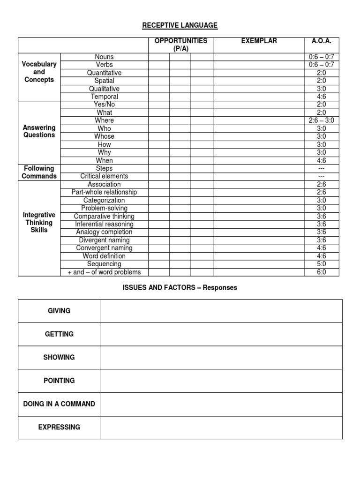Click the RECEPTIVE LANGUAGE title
[180, 25]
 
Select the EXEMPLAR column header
[259, 41]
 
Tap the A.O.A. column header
[322, 41]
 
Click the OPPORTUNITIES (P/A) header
[180, 45]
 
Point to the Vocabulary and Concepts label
[39, 72]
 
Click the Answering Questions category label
[39, 131]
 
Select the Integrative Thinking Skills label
[39, 223]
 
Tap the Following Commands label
[39, 172]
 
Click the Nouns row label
[104, 57]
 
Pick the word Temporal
[104, 97]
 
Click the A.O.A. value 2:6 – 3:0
[322, 121]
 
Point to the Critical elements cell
[104, 177]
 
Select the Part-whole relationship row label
[104, 193]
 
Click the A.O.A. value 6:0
[322, 272]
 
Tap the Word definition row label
[104, 256]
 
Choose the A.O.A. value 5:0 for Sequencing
[322, 264]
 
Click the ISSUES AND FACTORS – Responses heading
[180, 288]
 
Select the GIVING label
[60, 311]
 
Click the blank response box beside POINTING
[221, 381]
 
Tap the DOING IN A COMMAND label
[60, 404]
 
